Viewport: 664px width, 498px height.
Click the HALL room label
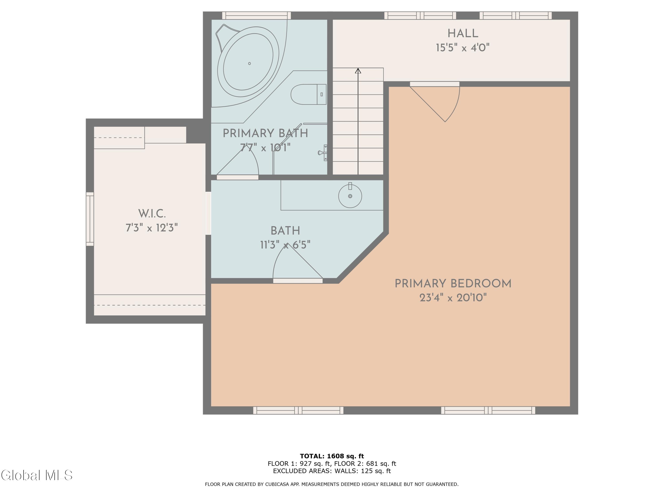pyautogui.click(x=463, y=33)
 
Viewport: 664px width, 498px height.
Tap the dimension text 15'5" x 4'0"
pyautogui.click(x=463, y=48)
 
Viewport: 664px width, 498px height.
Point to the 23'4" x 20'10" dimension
pyautogui.click(x=453, y=298)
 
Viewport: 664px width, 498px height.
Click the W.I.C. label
pyautogui.click(x=152, y=214)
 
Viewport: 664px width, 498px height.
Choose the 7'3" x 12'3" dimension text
pyautogui.click(x=152, y=228)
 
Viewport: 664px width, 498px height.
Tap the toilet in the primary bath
pyautogui.click(x=309, y=94)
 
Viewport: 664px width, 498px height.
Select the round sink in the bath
pyautogui.click(x=350, y=196)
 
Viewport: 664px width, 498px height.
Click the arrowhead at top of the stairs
pyautogui.click(x=358, y=71)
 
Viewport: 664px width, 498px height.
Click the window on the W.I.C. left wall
pyautogui.click(x=90, y=219)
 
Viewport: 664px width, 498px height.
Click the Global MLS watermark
pyautogui.click(x=37, y=475)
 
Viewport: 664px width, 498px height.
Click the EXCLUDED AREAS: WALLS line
pyautogui.click(x=332, y=471)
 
